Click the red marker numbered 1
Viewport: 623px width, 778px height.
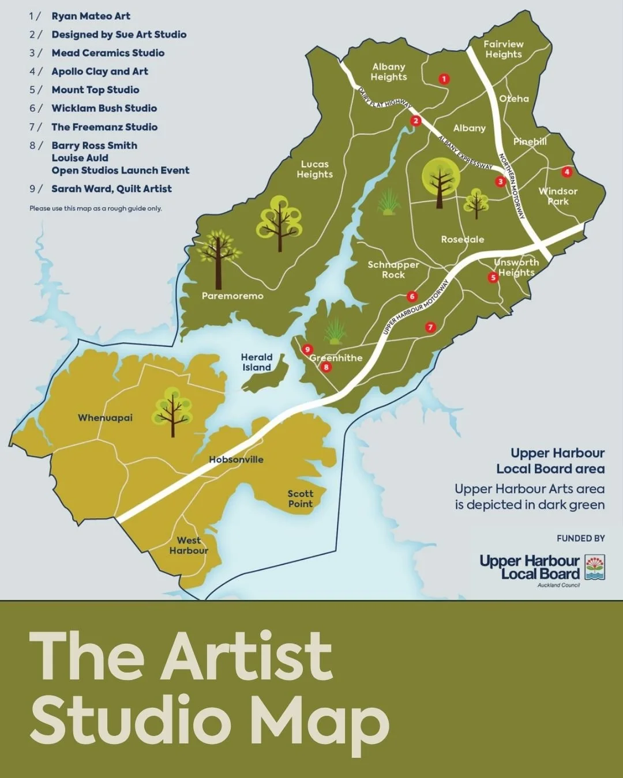(444, 79)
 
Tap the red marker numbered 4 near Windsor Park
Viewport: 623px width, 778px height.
(566, 172)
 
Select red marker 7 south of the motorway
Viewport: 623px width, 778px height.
(430, 327)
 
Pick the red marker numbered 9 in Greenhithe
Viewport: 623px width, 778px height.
(307, 349)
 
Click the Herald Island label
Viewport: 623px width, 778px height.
(257, 362)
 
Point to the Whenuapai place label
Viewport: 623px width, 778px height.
(105, 418)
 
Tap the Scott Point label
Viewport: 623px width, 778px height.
(300, 498)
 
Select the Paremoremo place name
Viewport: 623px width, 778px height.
(232, 296)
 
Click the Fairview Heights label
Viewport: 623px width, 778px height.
(503, 49)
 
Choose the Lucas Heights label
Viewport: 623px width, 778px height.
(314, 169)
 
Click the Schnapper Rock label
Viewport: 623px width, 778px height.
(393, 270)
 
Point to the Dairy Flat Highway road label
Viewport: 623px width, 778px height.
(384, 97)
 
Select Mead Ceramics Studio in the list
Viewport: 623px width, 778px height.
(108, 53)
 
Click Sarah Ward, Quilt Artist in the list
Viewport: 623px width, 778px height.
(111, 189)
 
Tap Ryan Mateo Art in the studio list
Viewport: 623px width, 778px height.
(91, 16)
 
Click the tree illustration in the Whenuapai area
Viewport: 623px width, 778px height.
(172, 411)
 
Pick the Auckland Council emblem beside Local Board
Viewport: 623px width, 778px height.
(595, 567)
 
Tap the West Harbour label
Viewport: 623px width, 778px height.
(189, 545)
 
